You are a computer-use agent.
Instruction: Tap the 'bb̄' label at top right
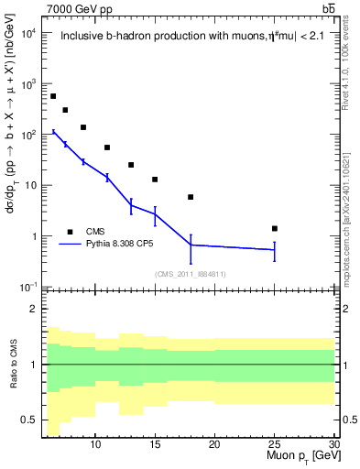328,8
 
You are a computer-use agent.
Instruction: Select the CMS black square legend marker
70,232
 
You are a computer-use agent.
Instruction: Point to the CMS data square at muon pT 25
274,228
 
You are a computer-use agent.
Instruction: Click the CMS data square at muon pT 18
191,197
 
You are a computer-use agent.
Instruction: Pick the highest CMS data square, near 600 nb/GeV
53,96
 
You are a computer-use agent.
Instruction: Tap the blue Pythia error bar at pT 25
274,249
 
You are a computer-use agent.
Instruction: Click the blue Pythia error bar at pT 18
191,245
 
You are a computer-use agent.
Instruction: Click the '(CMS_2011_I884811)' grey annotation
190,274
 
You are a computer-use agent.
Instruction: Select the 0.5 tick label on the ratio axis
30,420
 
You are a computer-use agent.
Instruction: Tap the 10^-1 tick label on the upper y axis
27,288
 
